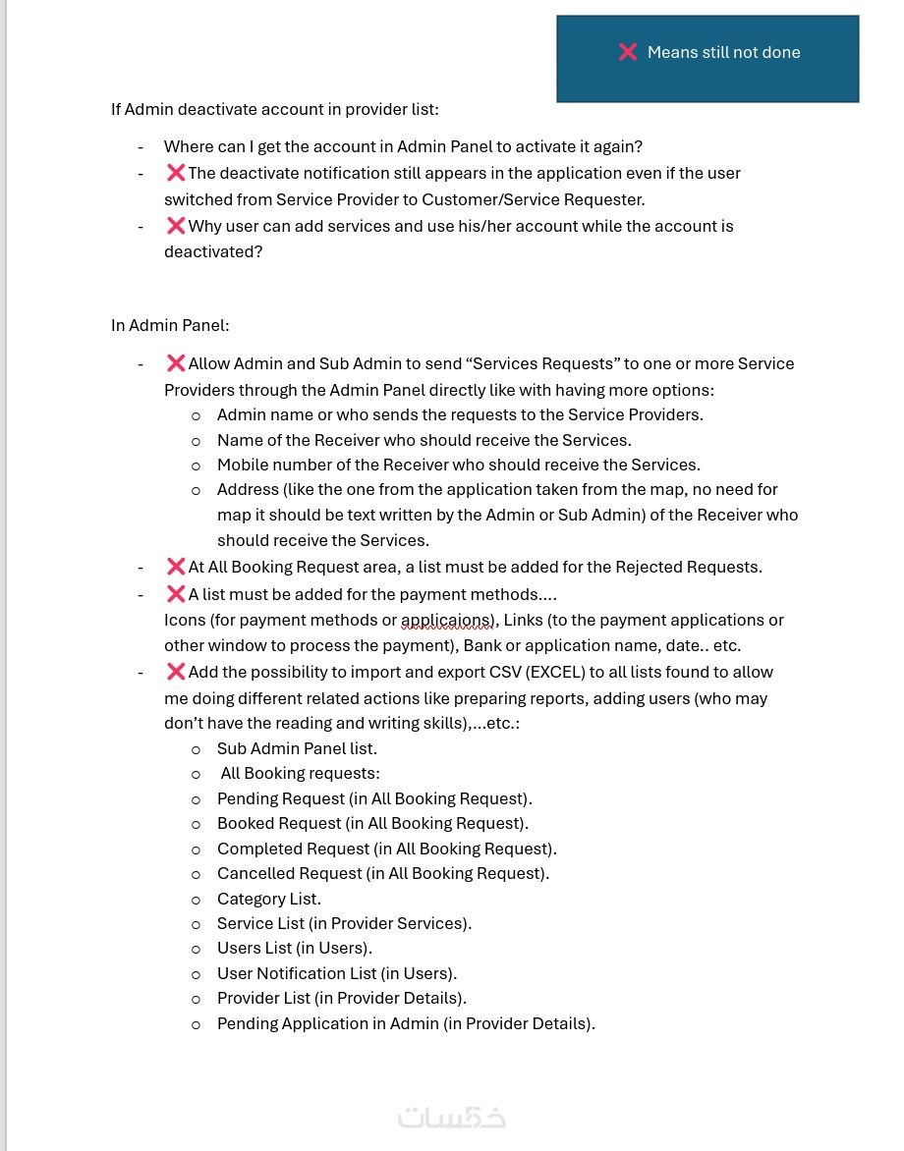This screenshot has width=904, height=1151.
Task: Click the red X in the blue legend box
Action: click(x=628, y=52)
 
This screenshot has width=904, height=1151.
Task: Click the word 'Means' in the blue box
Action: click(x=672, y=52)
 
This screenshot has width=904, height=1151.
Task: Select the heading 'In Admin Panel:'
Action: click(x=170, y=325)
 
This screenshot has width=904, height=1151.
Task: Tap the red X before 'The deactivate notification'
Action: click(x=176, y=173)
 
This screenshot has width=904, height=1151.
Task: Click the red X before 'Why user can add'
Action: click(x=176, y=226)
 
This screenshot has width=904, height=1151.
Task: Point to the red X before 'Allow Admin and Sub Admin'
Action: click(x=176, y=363)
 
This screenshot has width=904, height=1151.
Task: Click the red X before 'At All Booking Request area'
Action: click(x=176, y=567)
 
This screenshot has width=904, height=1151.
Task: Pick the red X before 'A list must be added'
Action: click(x=176, y=594)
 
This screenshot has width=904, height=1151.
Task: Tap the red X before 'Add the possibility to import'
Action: click(x=176, y=672)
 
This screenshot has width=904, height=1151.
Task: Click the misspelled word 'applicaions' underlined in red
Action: click(x=447, y=621)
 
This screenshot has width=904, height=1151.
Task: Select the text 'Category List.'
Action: click(x=269, y=899)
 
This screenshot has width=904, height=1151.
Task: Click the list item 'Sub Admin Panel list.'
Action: click(x=297, y=748)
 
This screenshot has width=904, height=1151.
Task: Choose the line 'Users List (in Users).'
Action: click(x=295, y=948)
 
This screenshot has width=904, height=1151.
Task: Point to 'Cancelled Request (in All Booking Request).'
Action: click(x=383, y=873)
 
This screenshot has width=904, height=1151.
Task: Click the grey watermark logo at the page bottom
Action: click(x=452, y=1118)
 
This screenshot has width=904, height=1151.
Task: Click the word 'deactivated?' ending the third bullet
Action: click(x=213, y=251)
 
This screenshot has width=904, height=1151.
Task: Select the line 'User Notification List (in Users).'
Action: click(x=337, y=973)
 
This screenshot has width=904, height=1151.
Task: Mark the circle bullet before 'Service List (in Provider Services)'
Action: click(x=196, y=924)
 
